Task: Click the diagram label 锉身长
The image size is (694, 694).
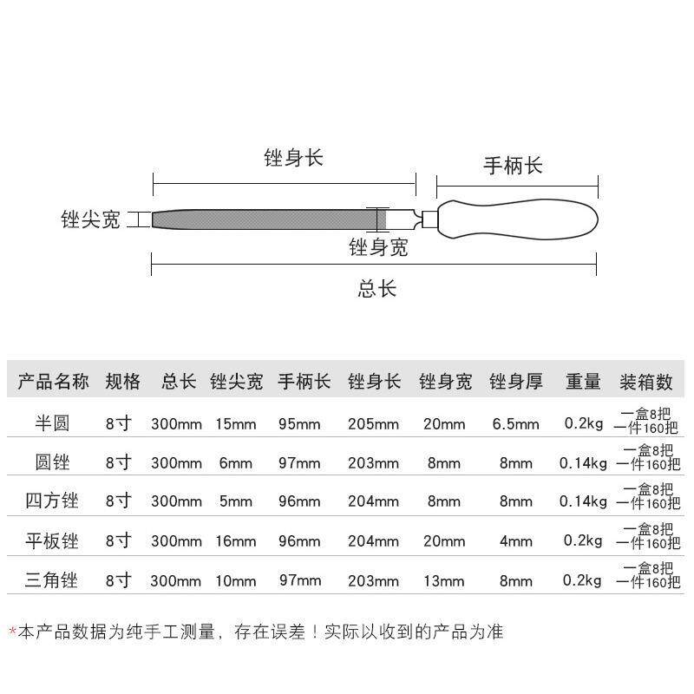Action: tap(293, 158)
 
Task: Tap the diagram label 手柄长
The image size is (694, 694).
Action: tap(513, 166)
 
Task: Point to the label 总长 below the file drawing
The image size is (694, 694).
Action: tap(377, 288)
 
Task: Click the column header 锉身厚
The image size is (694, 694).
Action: tap(516, 382)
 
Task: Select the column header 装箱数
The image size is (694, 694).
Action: tap(646, 382)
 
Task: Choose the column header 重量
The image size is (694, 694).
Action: tap(583, 382)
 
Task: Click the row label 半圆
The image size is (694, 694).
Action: tap(52, 423)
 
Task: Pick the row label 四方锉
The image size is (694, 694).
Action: tap(52, 501)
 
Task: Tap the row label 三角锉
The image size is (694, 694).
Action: tap(52, 580)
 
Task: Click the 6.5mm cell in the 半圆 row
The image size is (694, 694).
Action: tap(515, 423)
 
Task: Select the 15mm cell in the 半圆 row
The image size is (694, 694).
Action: tap(236, 423)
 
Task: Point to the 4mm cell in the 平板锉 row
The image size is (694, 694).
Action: tap(515, 541)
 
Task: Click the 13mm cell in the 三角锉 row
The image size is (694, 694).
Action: tap(444, 580)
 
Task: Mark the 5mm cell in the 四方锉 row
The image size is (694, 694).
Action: tap(236, 501)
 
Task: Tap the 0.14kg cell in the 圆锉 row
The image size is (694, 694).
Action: tap(583, 462)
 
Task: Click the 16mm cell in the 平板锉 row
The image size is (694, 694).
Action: tap(236, 541)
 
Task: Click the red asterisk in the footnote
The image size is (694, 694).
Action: tap(12, 631)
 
